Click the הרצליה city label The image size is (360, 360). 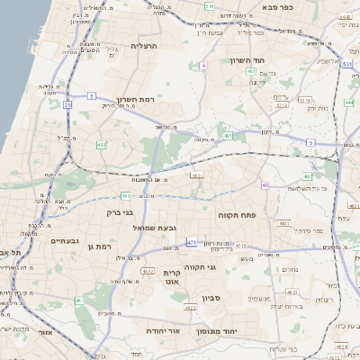[144, 45]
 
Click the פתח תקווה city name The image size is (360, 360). [237, 216]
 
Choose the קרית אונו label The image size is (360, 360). [172, 276]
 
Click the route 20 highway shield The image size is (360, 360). [67, 104]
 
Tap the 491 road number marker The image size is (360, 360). [229, 136]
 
